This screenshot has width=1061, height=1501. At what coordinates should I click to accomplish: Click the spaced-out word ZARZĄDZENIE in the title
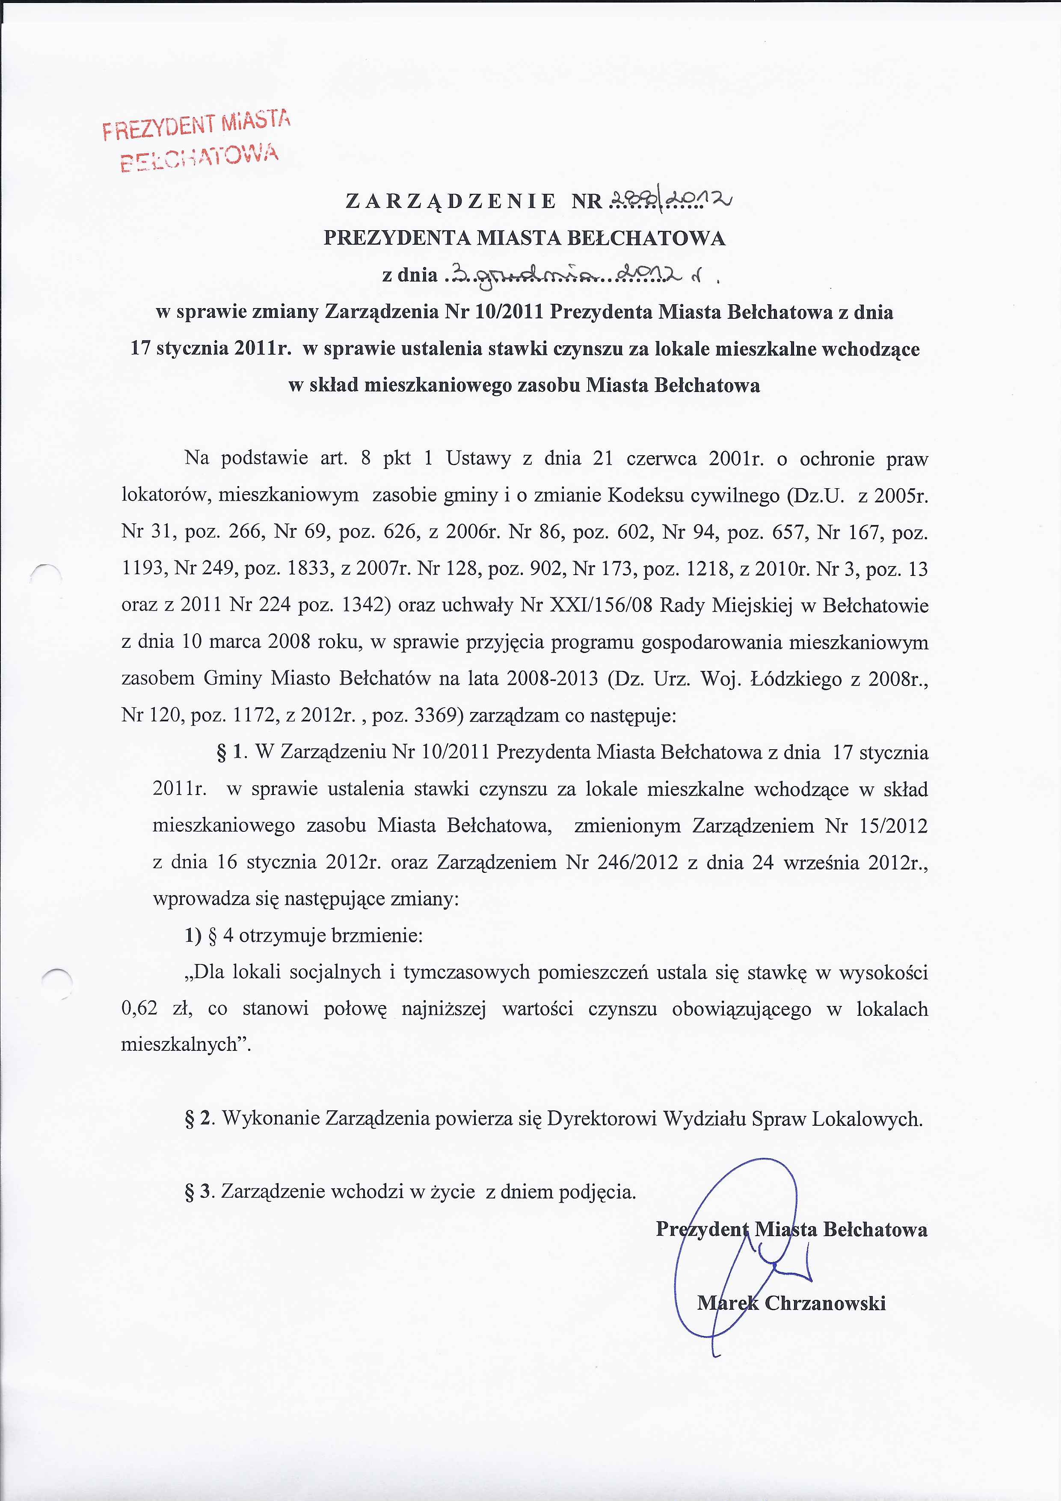click(x=450, y=201)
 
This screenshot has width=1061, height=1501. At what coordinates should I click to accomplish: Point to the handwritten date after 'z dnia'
click(x=575, y=275)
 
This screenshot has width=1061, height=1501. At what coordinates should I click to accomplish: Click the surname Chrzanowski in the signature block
click(x=825, y=1302)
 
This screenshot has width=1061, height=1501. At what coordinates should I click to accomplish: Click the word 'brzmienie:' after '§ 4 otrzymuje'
click(x=377, y=935)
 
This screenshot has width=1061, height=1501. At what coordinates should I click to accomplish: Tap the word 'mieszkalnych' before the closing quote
click(x=179, y=1045)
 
